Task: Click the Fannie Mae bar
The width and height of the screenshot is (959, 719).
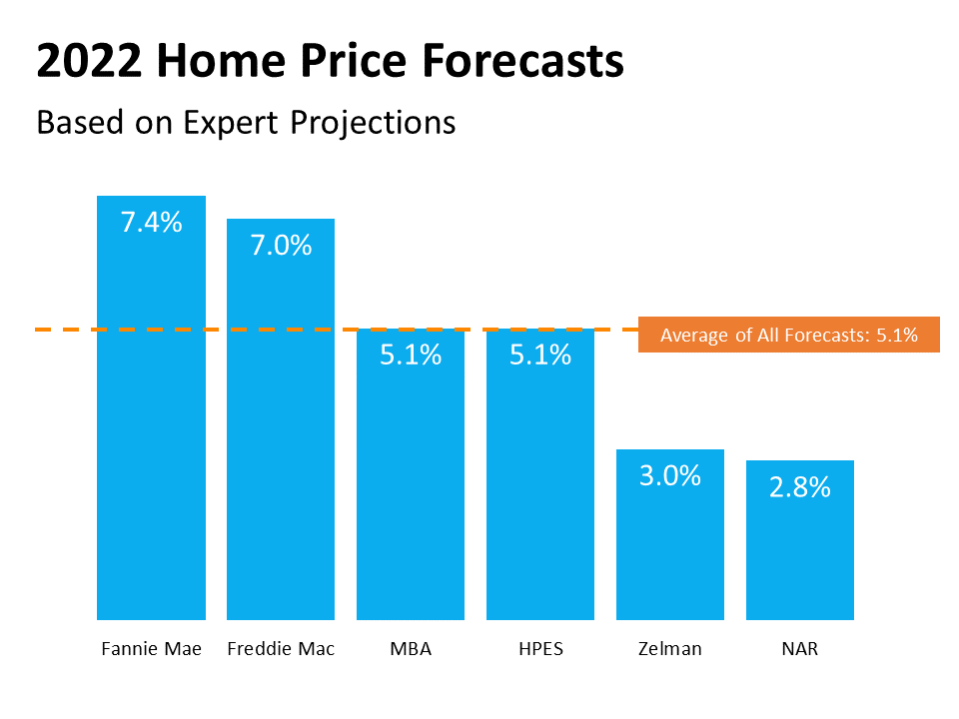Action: pos(151,419)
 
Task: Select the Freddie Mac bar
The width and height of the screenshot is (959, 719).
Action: pos(281,429)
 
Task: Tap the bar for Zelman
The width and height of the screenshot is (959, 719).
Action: pos(670,544)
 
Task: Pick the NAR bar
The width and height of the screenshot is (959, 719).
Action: pos(800,549)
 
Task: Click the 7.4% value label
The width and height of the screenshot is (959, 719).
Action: pos(151,222)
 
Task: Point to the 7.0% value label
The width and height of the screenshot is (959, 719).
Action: pos(281,245)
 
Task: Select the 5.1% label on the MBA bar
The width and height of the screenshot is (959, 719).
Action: pos(411,355)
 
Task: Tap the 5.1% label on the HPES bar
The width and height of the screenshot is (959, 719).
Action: pos(540,355)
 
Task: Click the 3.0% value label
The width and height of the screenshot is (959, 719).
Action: pos(670,475)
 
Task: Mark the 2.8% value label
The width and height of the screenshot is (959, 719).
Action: pos(800,487)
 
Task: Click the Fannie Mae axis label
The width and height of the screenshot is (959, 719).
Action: pos(151,649)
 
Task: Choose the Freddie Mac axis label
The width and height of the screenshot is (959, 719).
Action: pos(281,649)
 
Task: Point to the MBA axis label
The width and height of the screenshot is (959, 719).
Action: pos(411,649)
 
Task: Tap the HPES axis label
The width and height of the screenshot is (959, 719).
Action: pos(540,649)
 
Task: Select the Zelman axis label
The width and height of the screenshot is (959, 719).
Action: pos(670,649)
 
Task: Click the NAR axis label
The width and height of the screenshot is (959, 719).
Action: pos(800,649)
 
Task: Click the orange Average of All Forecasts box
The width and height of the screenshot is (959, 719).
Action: pos(788,336)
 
